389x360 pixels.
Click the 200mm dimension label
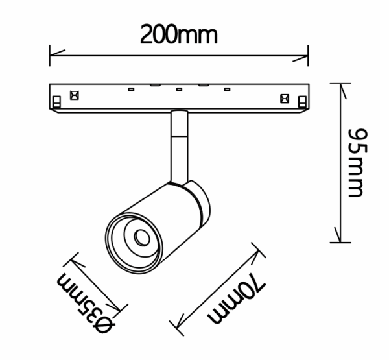[179, 34]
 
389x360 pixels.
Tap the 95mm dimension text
[357, 163]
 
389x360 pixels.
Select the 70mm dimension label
[237, 299]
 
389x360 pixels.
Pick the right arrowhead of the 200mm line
[300, 58]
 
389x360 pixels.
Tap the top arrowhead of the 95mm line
[343, 91]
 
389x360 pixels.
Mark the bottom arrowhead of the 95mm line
[338, 235]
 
